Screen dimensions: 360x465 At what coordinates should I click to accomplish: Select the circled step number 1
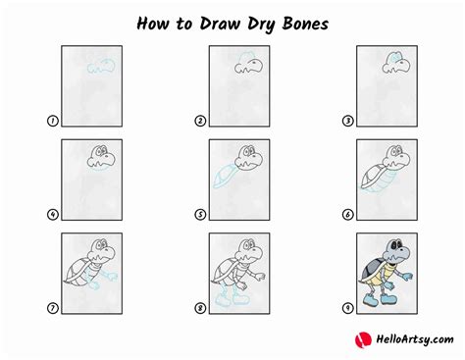(52, 122)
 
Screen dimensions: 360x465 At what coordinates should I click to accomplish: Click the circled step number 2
(200, 122)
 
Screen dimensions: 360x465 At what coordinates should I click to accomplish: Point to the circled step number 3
(347, 122)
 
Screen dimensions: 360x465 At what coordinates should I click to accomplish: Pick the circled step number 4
(52, 215)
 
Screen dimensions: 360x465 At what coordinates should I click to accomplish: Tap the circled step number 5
(200, 215)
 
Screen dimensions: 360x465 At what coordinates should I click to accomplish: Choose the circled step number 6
(347, 215)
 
